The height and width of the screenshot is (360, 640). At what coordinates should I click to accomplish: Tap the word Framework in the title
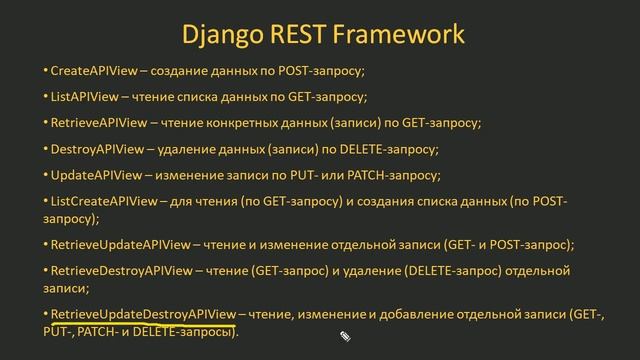point(404,35)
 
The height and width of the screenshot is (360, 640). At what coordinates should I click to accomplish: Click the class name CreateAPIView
point(93,72)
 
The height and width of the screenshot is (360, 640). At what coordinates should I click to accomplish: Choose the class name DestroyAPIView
point(96,149)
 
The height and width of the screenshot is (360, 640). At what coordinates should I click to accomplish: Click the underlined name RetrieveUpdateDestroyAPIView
point(142,313)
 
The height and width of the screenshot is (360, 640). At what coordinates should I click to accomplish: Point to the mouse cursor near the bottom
point(343,336)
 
